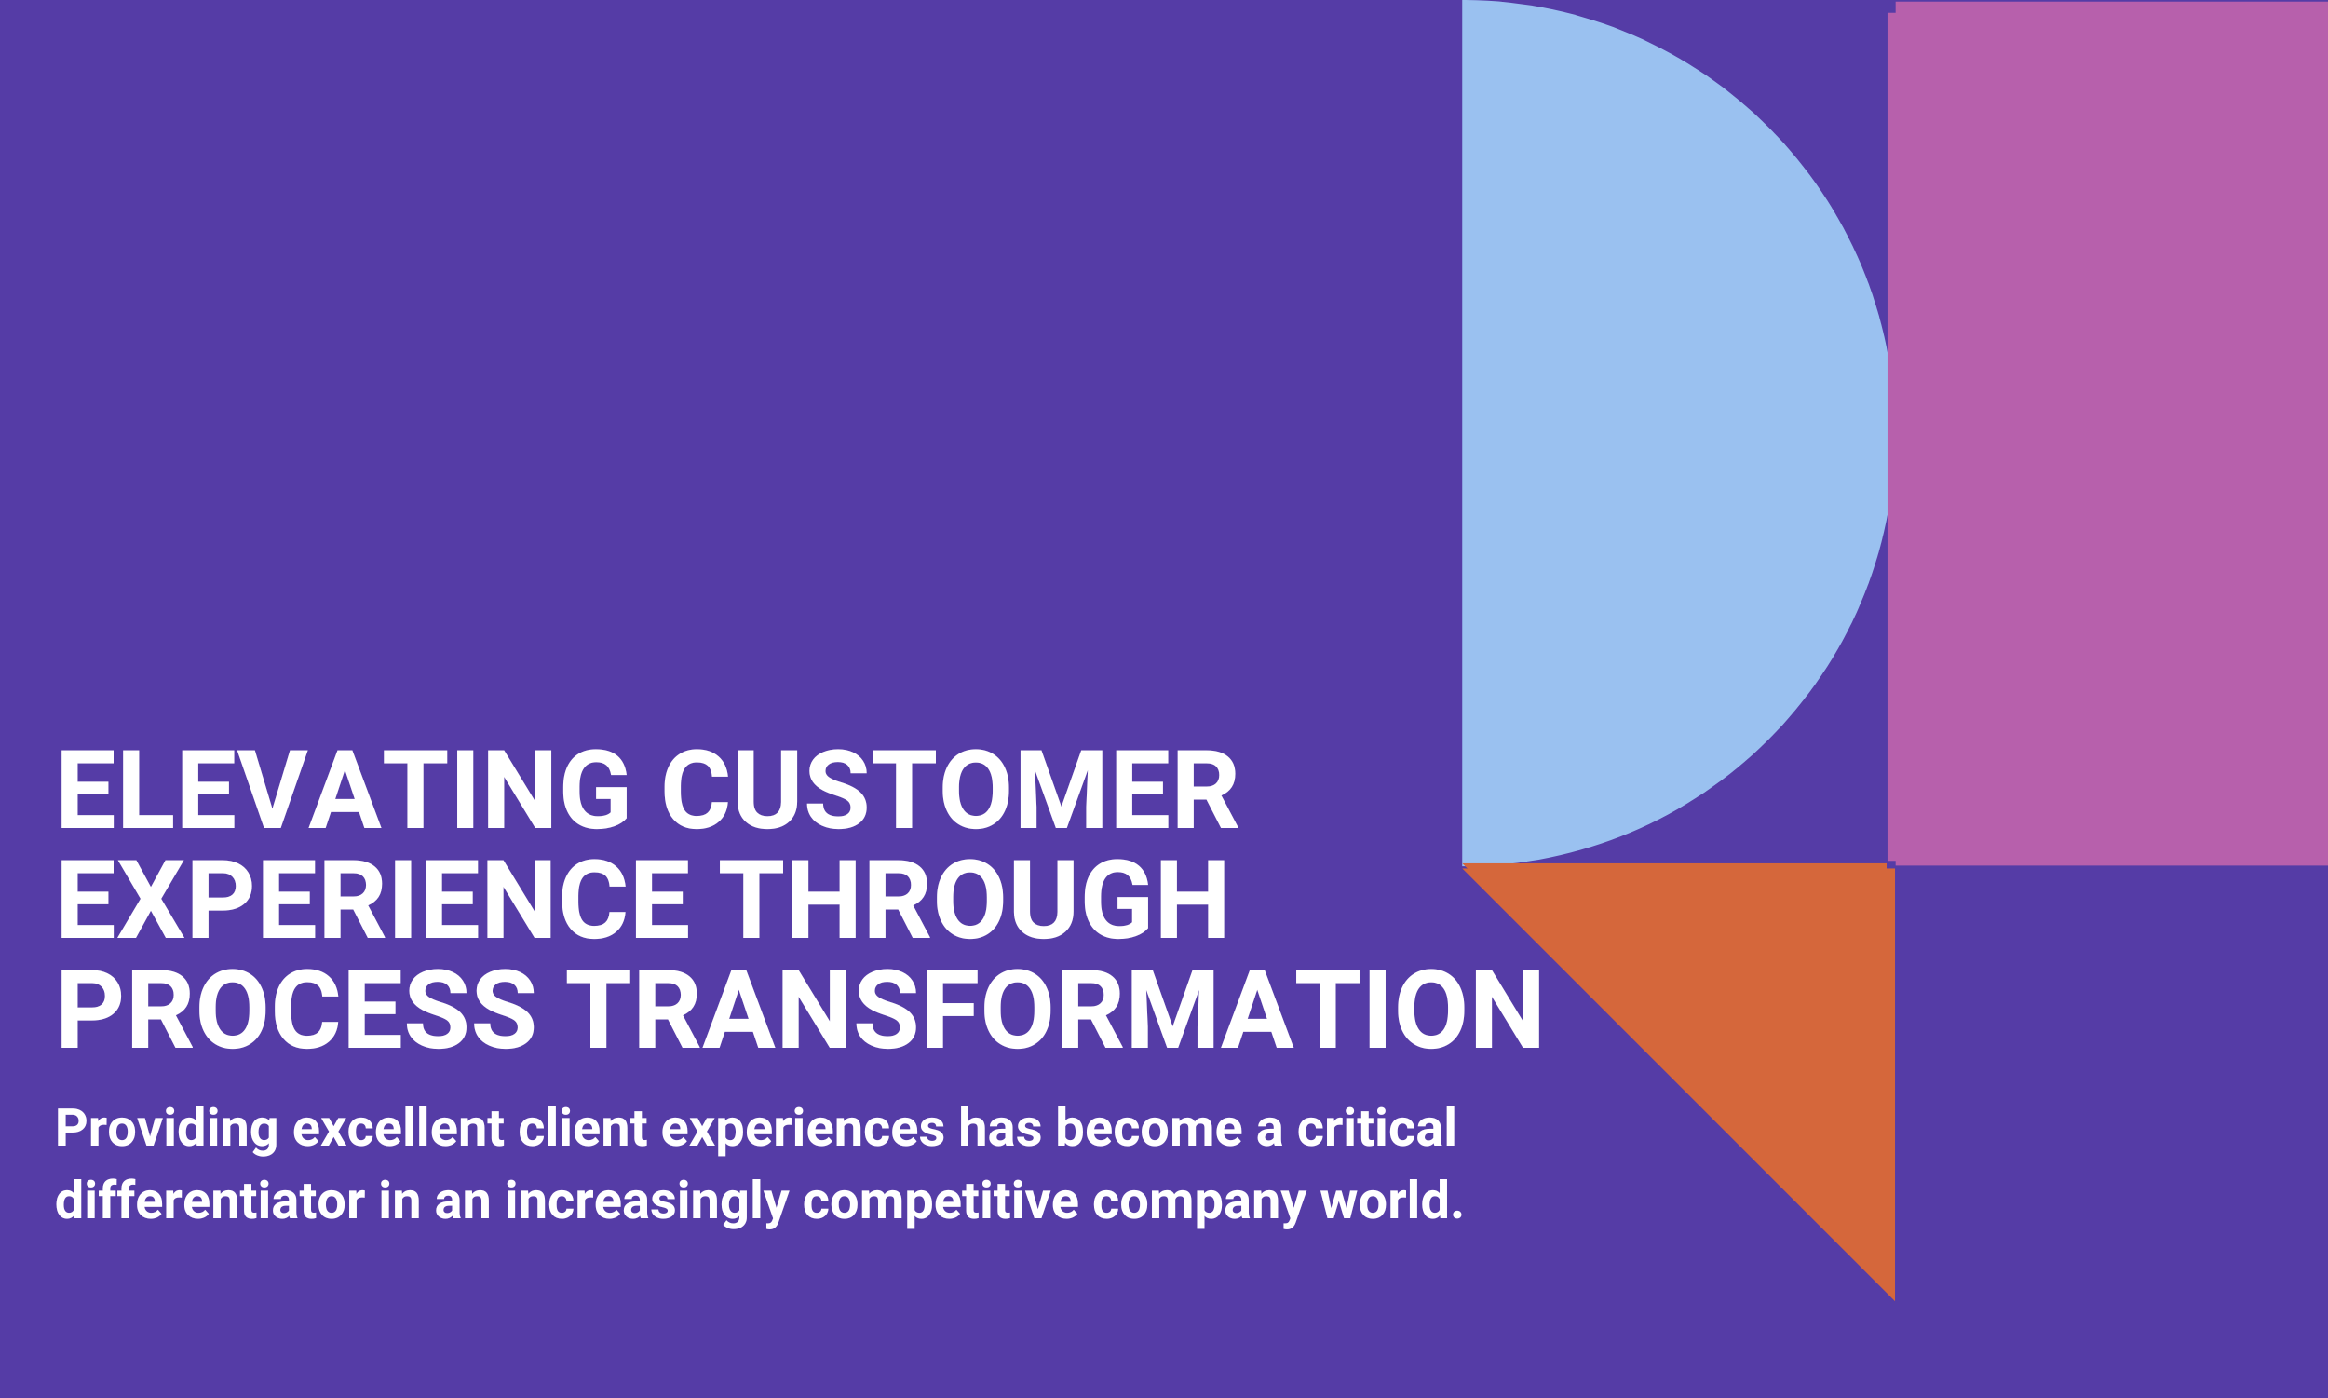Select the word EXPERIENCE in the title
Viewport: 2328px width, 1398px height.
coord(372,901)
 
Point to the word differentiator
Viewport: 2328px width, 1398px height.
coord(210,1201)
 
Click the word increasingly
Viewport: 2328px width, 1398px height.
coord(646,1203)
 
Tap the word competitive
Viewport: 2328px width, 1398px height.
coord(940,1203)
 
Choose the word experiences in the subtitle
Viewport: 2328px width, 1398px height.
coord(803,1130)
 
